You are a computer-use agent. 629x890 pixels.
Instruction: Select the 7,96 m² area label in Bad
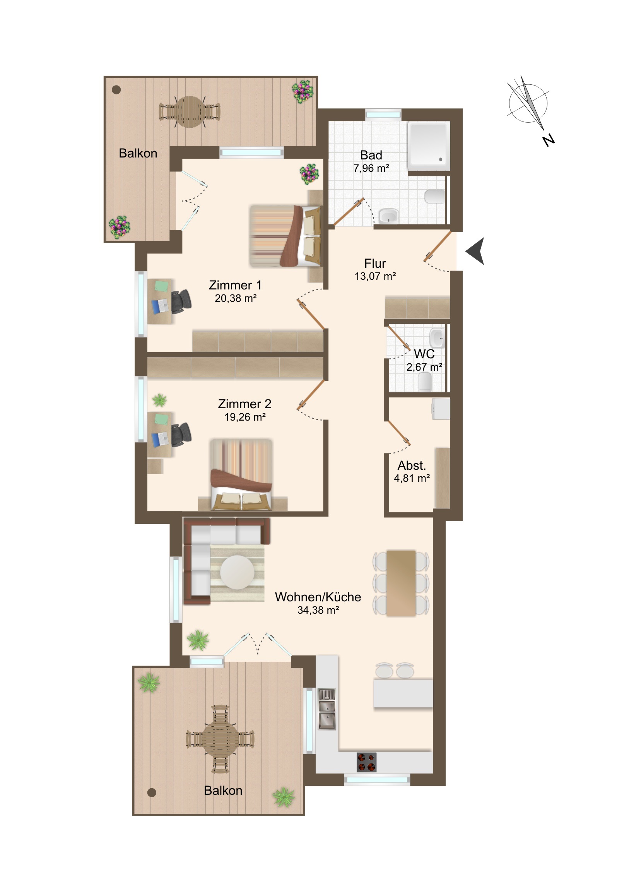[x=371, y=168]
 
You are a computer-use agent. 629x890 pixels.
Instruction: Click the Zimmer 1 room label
[x=235, y=285]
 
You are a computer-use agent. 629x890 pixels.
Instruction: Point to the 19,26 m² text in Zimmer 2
[x=245, y=417]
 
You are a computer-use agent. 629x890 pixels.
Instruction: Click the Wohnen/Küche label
[x=318, y=597]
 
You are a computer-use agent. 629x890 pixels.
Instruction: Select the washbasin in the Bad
[x=388, y=216]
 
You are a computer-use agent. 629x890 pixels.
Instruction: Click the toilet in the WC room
[x=425, y=382]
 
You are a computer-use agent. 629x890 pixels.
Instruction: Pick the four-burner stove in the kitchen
[x=366, y=762]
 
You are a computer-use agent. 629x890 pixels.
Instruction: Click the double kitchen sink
[x=327, y=709]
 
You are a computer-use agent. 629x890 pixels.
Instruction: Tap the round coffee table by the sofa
[x=237, y=573]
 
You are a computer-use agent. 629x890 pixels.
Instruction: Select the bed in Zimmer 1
[x=285, y=236]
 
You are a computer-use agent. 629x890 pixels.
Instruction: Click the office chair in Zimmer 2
[x=181, y=435]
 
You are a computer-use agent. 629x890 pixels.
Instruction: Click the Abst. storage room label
[x=412, y=465]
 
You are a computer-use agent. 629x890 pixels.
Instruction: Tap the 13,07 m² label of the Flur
[x=375, y=276]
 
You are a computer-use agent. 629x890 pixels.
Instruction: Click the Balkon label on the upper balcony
[x=138, y=153]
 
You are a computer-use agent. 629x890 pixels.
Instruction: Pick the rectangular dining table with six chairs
[x=401, y=583]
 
